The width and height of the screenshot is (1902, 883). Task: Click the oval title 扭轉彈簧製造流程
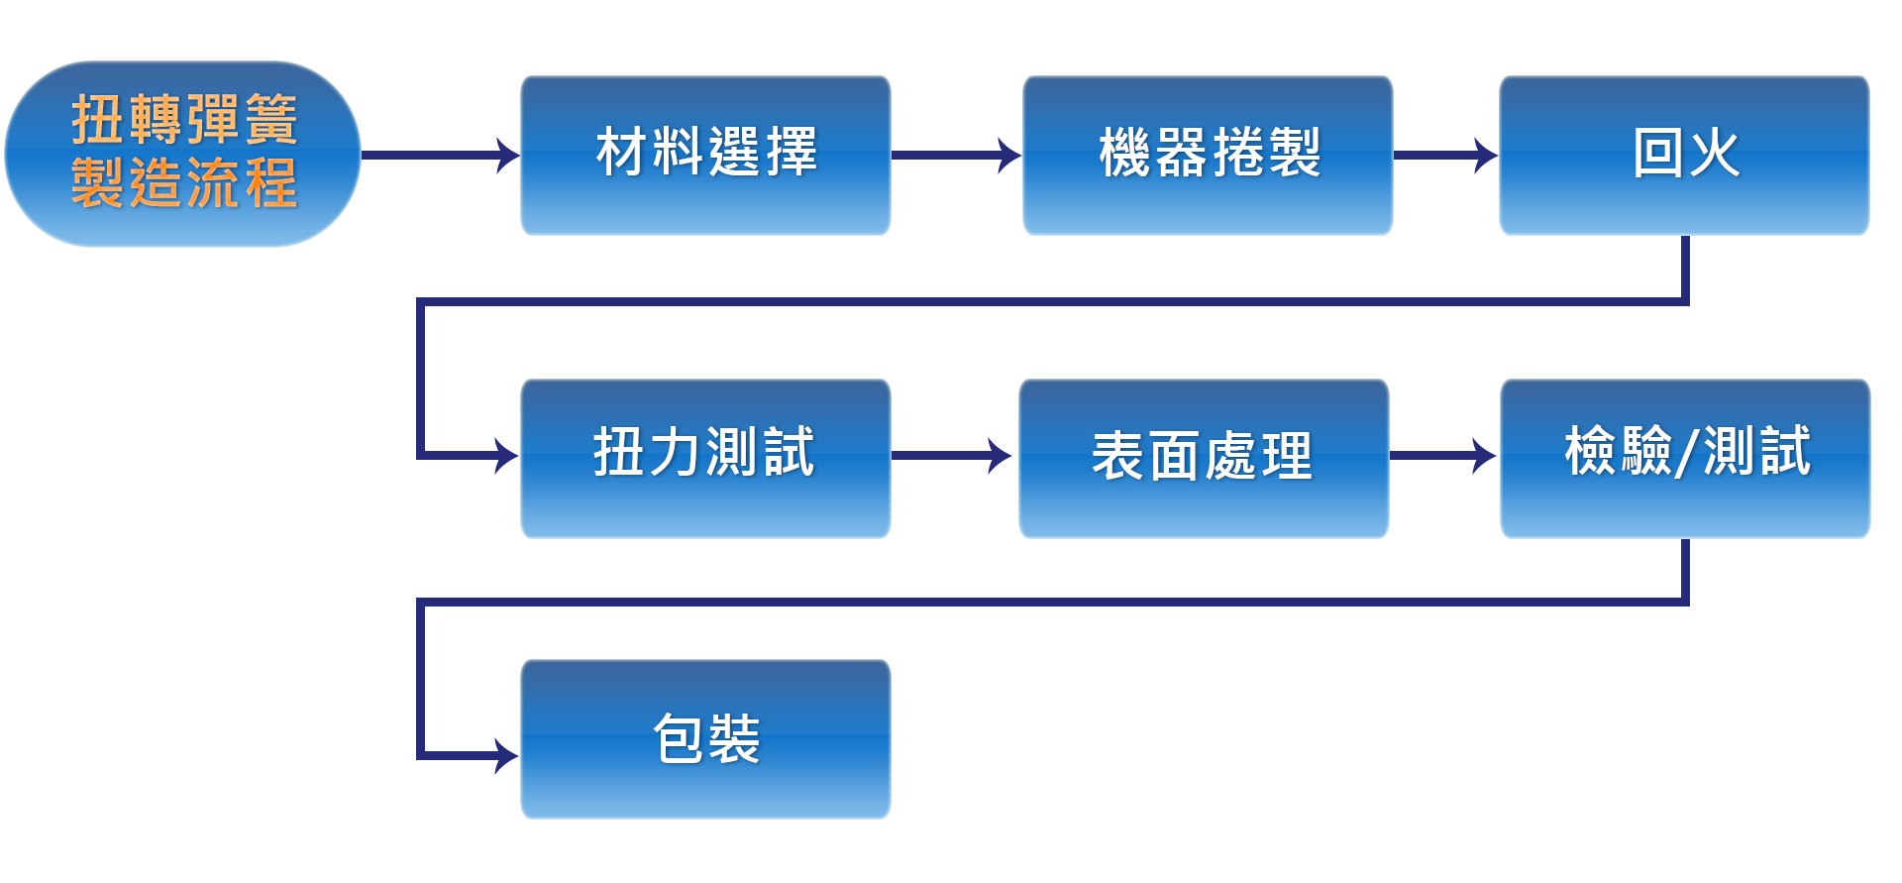pyautogui.click(x=183, y=154)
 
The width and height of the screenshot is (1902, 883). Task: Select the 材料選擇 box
pyautogui.click(x=705, y=155)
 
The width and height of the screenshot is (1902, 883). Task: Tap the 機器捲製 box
pyautogui.click(x=1208, y=155)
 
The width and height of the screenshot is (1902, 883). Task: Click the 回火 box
pyautogui.click(x=1684, y=155)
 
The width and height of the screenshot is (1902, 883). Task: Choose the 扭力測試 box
pyautogui.click(x=705, y=457)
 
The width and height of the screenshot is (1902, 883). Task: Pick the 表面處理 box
pyautogui.click(x=1203, y=457)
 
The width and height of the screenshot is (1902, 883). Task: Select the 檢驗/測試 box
pyautogui.click(x=1684, y=457)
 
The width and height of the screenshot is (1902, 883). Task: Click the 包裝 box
pyautogui.click(x=705, y=738)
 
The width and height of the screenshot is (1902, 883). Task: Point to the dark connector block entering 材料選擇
pyautogui.click(x=480, y=155)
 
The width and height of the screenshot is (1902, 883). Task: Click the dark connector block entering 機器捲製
pyautogui.click(x=983, y=155)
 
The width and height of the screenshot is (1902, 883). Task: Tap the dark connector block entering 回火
pyautogui.click(x=1459, y=155)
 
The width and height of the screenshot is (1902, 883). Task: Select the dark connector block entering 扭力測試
pyautogui.click(x=480, y=455)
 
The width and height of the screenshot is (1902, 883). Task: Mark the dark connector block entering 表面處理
pyautogui.click(x=974, y=455)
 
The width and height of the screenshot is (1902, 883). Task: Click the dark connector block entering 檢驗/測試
pyautogui.click(x=1458, y=455)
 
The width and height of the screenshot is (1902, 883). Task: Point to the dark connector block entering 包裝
pyautogui.click(x=480, y=755)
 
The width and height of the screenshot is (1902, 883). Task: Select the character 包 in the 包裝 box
pyautogui.click(x=679, y=738)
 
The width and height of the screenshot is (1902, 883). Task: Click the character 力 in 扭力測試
pyautogui.click(x=676, y=452)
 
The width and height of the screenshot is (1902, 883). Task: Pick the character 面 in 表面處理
pyautogui.click(x=1174, y=457)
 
